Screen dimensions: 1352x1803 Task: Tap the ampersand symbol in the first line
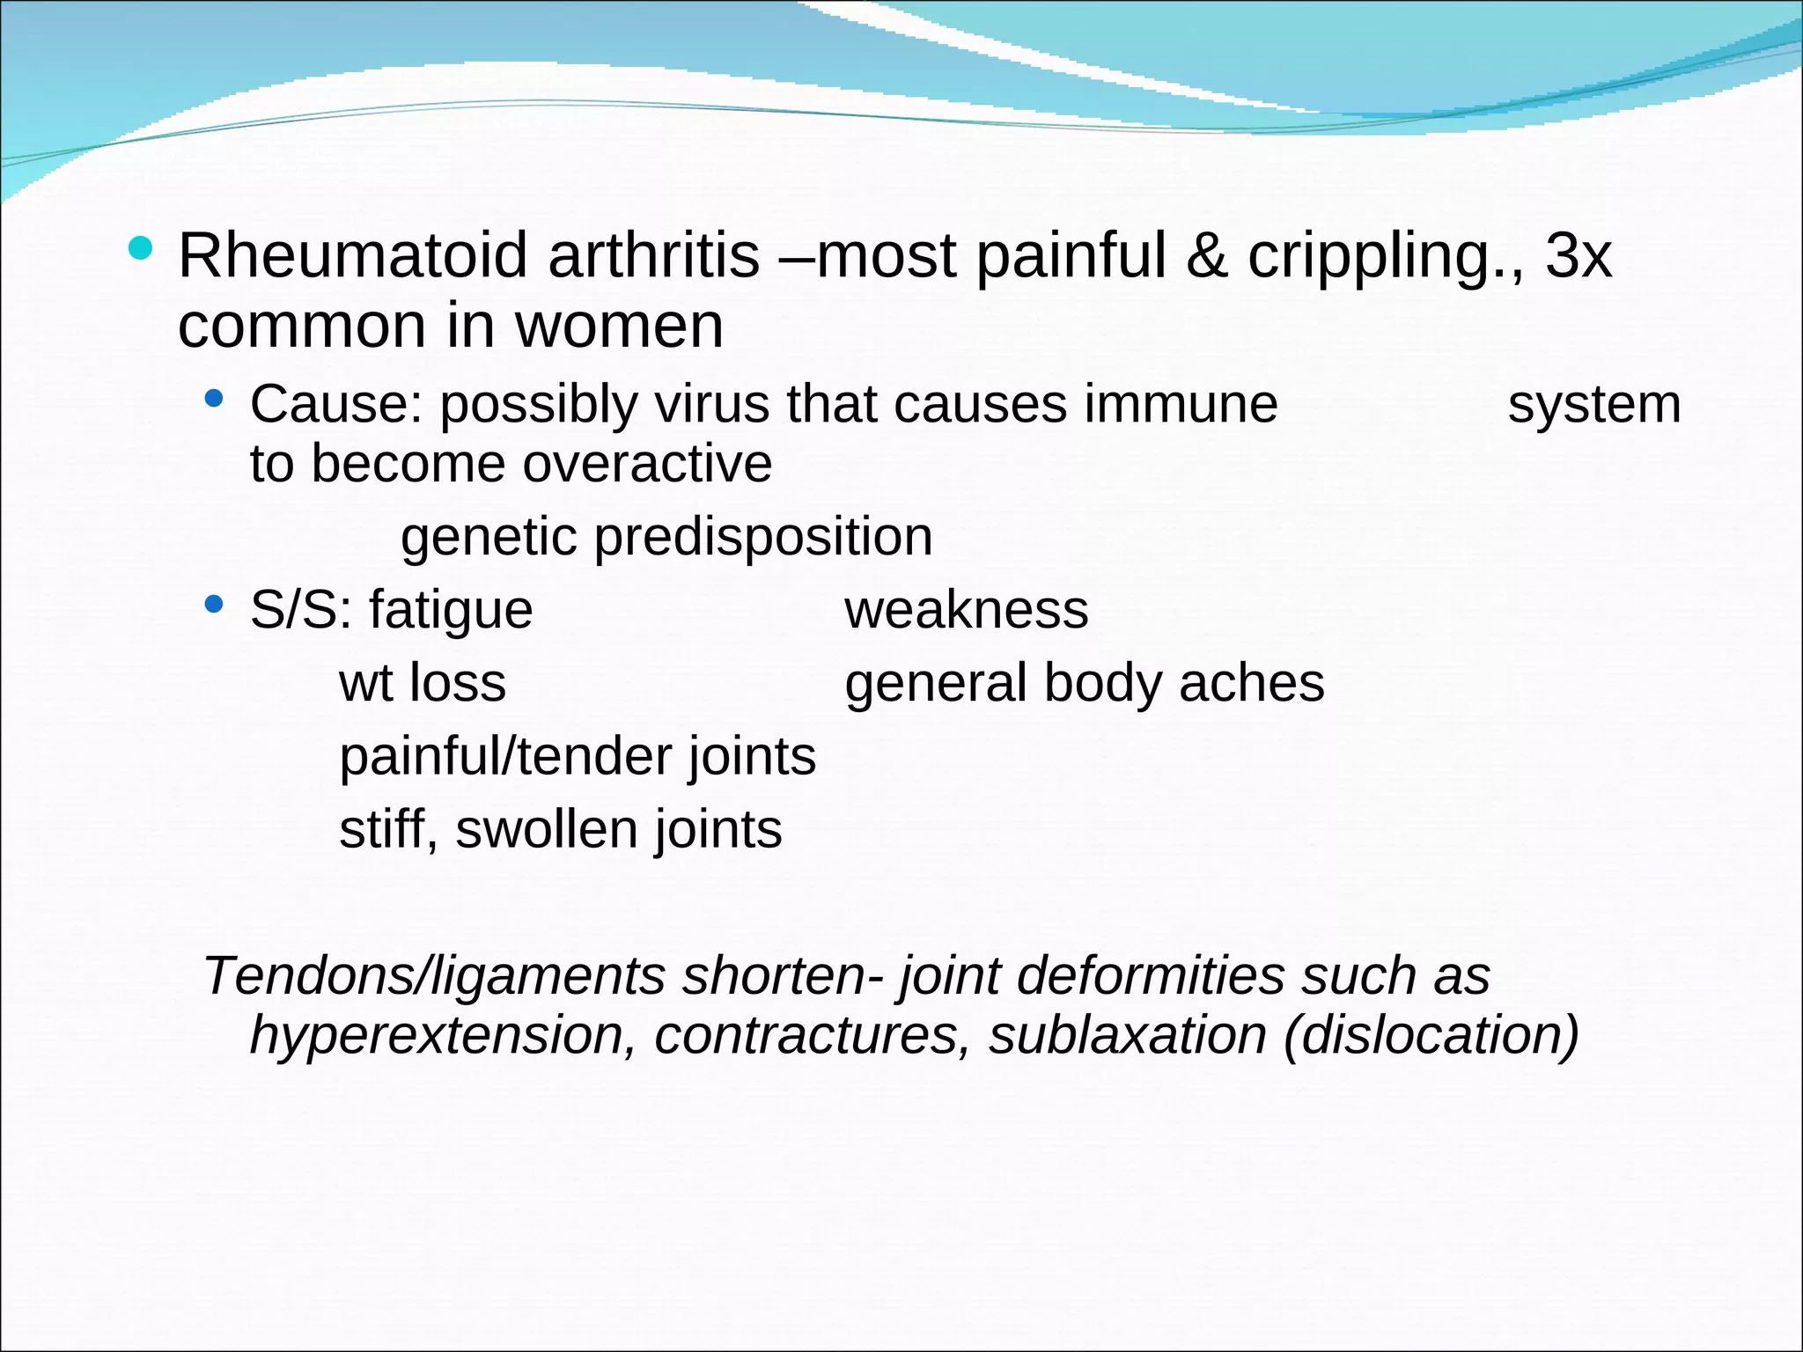(x=1206, y=256)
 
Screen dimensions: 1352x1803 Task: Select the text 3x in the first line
(x=1579, y=256)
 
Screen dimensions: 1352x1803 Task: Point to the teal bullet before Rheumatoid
(x=140, y=248)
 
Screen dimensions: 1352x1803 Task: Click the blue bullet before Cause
(x=213, y=399)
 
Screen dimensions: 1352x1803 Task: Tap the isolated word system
(x=1593, y=405)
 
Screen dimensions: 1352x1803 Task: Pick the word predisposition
(x=763, y=538)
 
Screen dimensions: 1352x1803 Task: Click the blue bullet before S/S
(x=213, y=604)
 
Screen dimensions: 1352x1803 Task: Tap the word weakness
(x=966, y=609)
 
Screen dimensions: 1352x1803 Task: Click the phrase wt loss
(x=423, y=683)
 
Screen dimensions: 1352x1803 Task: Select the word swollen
(x=546, y=830)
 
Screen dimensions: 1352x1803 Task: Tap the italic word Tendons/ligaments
(x=434, y=977)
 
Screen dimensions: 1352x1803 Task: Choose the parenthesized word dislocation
(x=1431, y=1036)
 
